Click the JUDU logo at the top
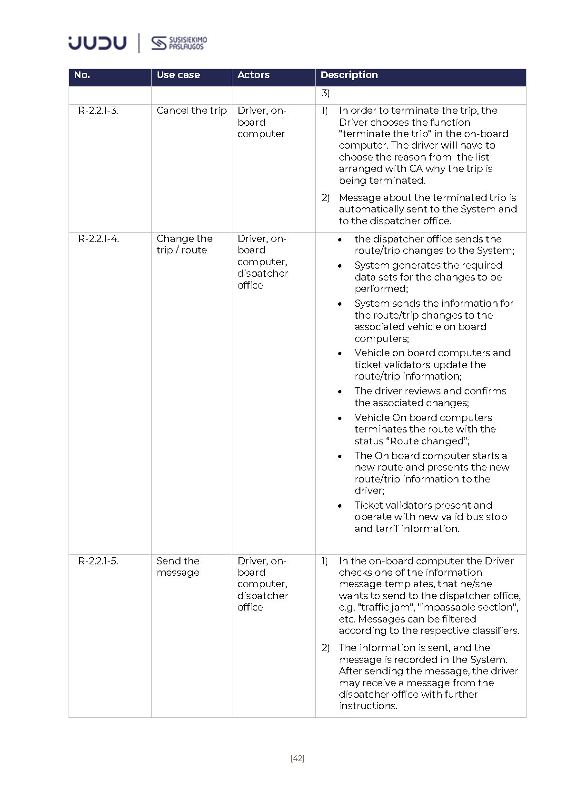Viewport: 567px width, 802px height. [x=97, y=43]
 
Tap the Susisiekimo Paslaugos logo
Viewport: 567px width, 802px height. [x=179, y=43]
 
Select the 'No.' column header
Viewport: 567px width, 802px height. [x=82, y=75]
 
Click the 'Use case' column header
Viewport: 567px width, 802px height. [x=178, y=75]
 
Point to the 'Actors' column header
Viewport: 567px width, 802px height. [x=253, y=75]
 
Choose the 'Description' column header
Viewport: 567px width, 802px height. [x=349, y=75]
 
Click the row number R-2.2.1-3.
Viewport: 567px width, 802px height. [x=98, y=110]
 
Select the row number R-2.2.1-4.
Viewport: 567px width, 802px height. [x=99, y=239]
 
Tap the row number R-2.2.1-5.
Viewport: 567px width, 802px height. [x=98, y=561]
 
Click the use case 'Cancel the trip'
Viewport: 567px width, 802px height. [x=191, y=110]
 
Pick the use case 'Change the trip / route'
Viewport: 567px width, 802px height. [x=184, y=244]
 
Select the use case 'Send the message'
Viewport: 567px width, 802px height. [x=178, y=567]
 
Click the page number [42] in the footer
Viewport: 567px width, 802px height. [x=297, y=758]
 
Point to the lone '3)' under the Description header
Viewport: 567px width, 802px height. [x=325, y=93]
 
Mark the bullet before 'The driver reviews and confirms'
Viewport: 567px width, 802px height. [x=340, y=391]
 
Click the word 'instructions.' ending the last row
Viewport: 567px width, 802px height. [x=368, y=706]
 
